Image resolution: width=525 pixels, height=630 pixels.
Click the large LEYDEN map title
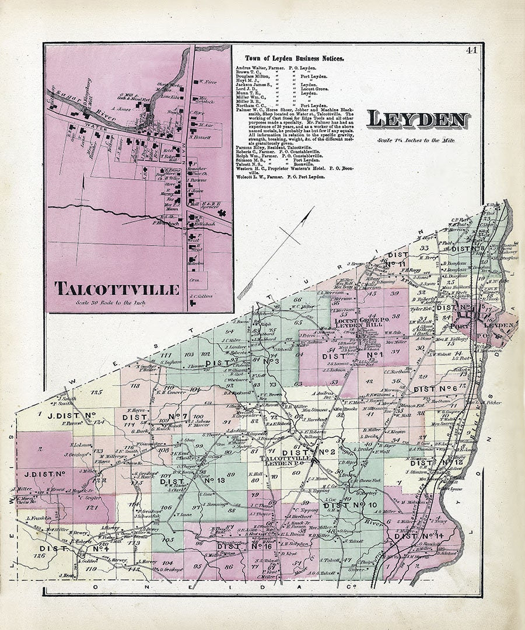click(418, 120)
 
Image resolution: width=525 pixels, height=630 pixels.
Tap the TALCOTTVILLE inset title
click(117, 289)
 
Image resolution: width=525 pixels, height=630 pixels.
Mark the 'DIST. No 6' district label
click(435, 389)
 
